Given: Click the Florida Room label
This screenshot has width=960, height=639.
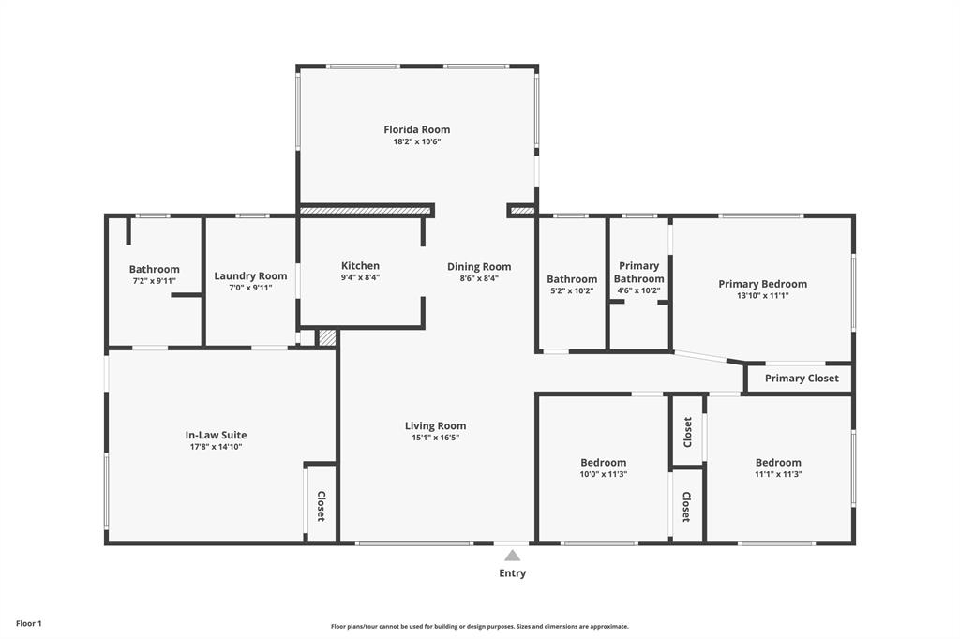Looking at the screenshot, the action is pos(417,129).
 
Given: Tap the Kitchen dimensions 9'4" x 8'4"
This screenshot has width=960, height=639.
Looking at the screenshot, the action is pos(360,277).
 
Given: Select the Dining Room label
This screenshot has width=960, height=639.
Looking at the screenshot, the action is pos(479,267).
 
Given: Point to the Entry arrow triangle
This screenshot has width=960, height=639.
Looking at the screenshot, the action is pos(513,556).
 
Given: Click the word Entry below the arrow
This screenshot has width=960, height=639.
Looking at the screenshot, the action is pos(513,573).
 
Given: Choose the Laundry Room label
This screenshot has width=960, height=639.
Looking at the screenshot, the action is pos(250,276).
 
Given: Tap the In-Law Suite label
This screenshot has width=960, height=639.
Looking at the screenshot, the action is pos(217,435).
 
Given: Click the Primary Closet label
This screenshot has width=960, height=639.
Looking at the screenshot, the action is pos(802,379).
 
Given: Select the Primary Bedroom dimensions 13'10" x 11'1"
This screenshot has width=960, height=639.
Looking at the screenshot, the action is pos(763,296).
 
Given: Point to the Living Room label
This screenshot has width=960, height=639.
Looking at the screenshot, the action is pos(435,426).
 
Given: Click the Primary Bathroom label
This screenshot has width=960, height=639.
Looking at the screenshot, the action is pos(638,273).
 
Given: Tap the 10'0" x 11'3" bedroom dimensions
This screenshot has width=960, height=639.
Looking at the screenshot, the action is pos(604,474).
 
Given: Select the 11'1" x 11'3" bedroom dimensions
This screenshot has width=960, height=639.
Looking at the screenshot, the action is pos(778,474).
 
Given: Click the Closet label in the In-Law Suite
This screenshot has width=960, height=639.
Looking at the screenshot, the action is pos(321,506).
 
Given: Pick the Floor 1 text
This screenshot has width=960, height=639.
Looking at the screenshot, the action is pos(29,624).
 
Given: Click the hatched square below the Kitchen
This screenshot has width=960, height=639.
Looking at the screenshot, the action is pos(327,338).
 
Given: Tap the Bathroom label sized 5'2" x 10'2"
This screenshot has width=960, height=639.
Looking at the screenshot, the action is pos(572,280).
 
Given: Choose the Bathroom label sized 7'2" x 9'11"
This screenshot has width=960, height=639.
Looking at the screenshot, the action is pos(155,269).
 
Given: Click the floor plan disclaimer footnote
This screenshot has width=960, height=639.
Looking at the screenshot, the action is pos(480,626).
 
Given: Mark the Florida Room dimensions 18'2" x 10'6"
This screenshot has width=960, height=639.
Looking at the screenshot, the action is pos(417,141).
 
